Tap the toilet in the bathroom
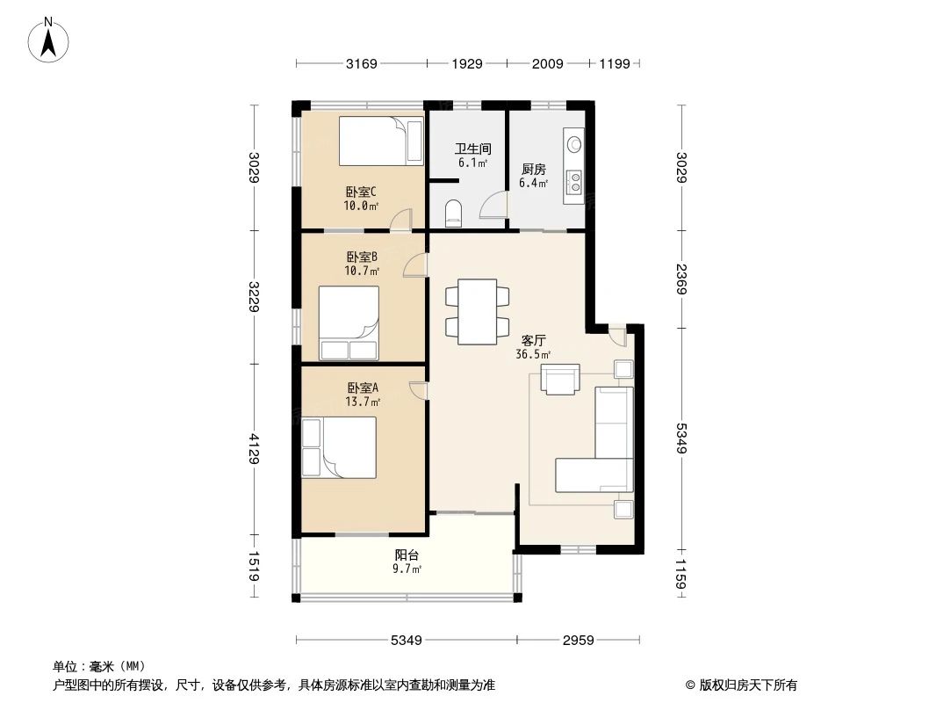454,212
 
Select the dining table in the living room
478,311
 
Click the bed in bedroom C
381,141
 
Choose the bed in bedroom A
339,447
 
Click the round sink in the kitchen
575,142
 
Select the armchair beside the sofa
559,380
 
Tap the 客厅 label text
533,341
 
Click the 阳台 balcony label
407,555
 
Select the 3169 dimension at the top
361,64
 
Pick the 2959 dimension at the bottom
580,640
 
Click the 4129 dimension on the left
254,449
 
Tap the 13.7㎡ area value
362,402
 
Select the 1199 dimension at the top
615,64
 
